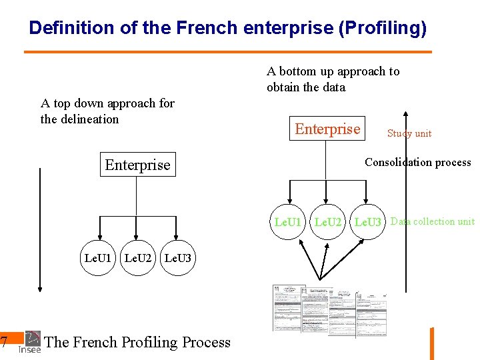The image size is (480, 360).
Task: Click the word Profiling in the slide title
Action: click(383, 28)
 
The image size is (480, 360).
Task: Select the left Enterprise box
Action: click(137, 165)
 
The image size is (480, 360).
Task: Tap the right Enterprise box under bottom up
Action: click(327, 129)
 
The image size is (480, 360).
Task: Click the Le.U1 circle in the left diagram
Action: click(98, 257)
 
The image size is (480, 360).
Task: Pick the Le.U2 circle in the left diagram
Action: click(138, 257)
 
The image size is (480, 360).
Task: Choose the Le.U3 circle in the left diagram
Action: click(177, 257)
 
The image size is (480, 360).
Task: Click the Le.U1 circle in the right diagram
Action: click(288, 222)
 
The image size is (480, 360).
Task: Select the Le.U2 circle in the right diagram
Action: click(327, 222)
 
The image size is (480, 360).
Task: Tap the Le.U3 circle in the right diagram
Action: click(367, 222)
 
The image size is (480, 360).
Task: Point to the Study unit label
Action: click(409, 133)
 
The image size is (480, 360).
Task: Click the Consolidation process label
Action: click(417, 162)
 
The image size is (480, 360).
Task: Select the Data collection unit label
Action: click(433, 221)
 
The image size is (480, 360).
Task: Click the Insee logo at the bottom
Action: click(31, 342)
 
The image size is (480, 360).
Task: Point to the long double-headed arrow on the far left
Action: click(40, 230)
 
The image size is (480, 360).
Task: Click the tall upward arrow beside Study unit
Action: click(406, 200)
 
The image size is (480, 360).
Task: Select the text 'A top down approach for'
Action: click(107, 103)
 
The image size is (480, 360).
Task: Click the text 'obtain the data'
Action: click(306, 87)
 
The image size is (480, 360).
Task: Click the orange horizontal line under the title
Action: click(227, 52)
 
